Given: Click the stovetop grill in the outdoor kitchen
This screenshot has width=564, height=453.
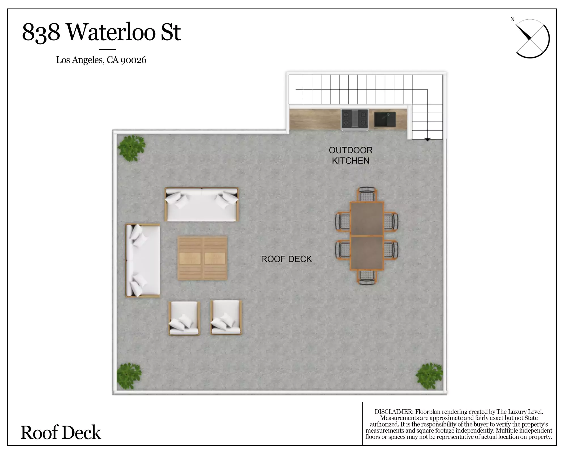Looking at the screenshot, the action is coord(355,119).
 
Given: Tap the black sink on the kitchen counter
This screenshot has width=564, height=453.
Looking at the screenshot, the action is coord(385,119).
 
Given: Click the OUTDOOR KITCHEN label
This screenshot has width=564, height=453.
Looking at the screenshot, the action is coord(351,155).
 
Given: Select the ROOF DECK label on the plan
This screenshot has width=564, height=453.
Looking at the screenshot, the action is coord(286,259).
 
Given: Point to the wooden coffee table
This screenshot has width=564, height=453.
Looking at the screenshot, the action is coord(202,258).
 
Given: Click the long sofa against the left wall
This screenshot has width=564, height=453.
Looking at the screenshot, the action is coord(143,261).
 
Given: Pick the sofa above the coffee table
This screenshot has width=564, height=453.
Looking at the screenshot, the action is coord(202,204).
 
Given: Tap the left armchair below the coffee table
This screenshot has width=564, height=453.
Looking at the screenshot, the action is coord(184,318).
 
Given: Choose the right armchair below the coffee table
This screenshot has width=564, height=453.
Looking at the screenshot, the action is coord(226,318).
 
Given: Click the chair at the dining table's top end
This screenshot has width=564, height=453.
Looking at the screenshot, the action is coord(367,194).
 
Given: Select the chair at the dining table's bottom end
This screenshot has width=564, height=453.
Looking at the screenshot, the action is coord(367,277).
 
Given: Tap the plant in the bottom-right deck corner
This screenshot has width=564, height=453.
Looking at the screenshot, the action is coord(429,376).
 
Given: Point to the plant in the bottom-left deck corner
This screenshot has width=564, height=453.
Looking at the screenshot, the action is coord(129,376).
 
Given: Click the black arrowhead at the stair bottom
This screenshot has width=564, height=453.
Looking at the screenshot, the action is coord(427,140).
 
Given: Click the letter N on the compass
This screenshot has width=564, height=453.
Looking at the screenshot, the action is coord(512,19).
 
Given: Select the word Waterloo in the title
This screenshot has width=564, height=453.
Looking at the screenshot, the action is coord(111,32).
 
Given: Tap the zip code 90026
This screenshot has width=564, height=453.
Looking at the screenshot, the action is coord(133,60).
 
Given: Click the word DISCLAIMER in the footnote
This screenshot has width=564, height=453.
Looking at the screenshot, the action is coord(394,412).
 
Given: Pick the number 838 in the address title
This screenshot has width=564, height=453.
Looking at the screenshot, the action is coord(41,32).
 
